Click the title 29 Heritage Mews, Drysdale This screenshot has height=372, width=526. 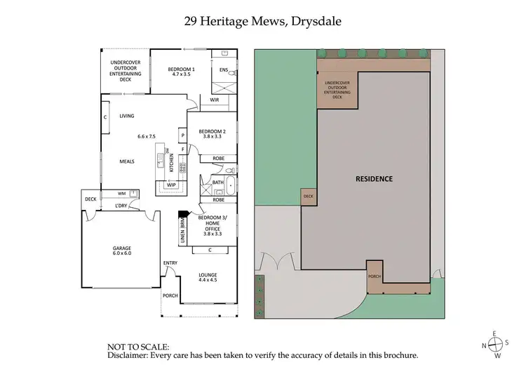[263, 22]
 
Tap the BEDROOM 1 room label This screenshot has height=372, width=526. [182, 69]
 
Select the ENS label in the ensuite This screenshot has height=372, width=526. [224, 70]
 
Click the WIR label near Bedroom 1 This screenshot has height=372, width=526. [214, 101]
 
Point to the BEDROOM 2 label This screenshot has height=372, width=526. [212, 131]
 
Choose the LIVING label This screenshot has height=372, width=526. [127, 117]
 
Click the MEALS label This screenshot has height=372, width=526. [127, 161]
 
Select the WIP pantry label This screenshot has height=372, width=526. [171, 185]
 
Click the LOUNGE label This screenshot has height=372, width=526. [209, 274]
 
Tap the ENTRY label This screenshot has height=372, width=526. [170, 263]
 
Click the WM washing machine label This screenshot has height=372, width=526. [121, 193]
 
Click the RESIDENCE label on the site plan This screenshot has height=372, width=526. [374, 178]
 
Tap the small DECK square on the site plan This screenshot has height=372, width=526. [308, 197]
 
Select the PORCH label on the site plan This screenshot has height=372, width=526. [375, 277]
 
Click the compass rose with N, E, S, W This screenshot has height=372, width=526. [494, 344]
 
